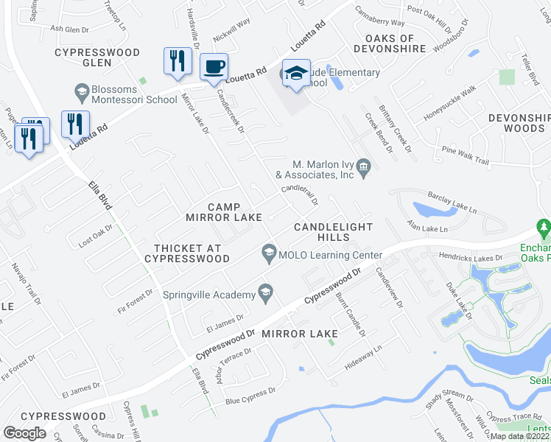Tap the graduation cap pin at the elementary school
tap(296, 74)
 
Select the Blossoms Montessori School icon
tap(82, 93)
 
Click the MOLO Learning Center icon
tap(269, 256)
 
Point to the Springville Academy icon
tap(265, 294)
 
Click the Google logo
tap(25, 433)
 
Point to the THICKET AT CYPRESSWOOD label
tap(186, 253)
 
